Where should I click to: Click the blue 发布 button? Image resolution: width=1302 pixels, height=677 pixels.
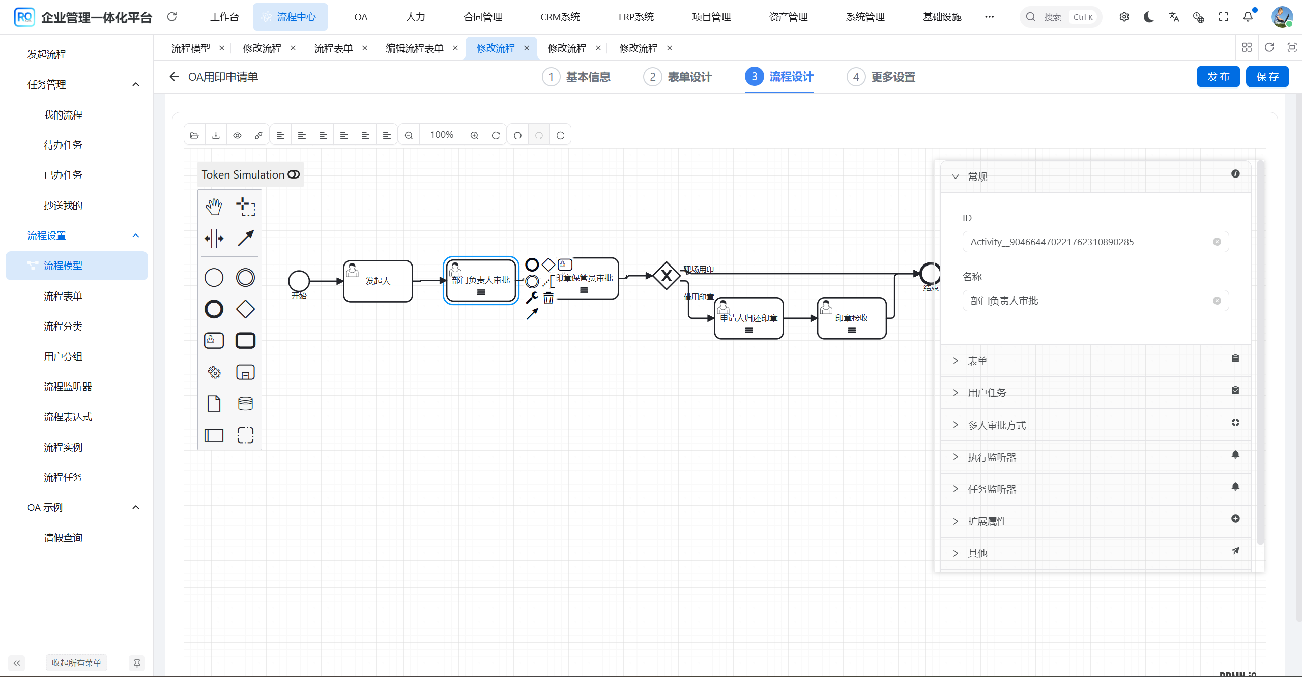tap(1218, 77)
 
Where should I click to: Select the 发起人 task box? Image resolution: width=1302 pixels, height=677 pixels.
tap(378, 281)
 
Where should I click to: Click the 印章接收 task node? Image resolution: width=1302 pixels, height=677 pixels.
tap(851, 318)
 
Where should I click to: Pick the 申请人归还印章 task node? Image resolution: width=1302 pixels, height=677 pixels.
tap(748, 318)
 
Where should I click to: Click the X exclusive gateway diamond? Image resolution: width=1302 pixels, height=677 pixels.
tap(666, 276)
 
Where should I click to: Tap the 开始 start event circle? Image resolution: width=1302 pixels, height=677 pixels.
tap(299, 281)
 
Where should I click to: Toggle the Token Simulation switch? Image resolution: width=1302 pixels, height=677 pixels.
tap(294, 174)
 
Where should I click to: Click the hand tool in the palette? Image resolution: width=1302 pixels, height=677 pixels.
tap(214, 207)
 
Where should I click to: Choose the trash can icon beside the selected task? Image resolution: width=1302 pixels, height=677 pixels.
tap(548, 299)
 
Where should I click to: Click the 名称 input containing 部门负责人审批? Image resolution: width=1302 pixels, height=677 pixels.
tap(1089, 301)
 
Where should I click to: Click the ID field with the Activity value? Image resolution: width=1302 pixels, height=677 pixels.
tap(1089, 242)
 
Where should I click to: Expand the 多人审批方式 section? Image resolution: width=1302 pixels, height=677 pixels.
tap(996, 425)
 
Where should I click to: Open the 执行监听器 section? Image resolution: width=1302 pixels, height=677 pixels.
tap(991, 457)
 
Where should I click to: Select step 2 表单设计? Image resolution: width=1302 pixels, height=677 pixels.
tap(678, 77)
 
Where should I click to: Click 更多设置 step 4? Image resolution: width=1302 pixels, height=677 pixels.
tap(881, 77)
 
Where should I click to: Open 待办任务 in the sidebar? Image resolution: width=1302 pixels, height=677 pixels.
tap(63, 145)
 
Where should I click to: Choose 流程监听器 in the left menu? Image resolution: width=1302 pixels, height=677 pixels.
tap(68, 387)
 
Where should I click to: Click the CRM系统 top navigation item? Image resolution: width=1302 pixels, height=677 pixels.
tap(560, 17)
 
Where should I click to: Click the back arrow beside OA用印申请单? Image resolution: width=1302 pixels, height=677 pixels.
tap(174, 77)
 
